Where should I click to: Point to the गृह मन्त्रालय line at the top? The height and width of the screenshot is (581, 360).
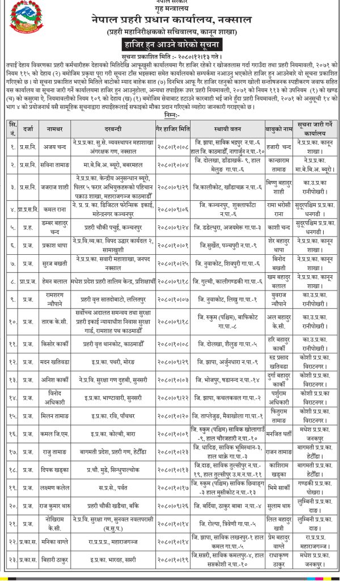[x=180, y=8]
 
